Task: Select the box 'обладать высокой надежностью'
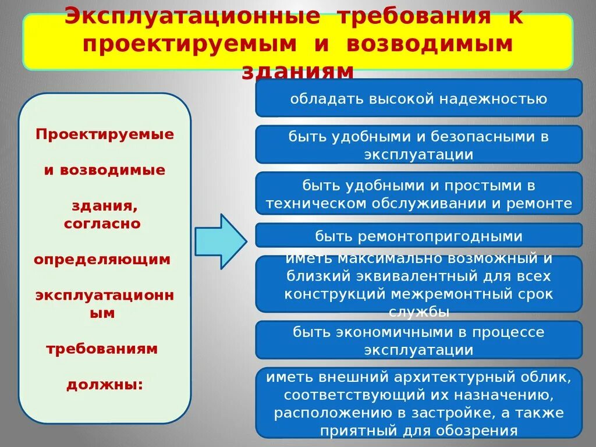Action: pyautogui.click(x=418, y=98)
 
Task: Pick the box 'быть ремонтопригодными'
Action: pyautogui.click(x=418, y=236)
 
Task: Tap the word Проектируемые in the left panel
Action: pyautogui.click(x=105, y=134)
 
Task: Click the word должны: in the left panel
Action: pyautogui.click(x=105, y=385)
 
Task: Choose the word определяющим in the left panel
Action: pyautogui.click(x=102, y=259)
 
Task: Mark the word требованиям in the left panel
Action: pyautogui.click(x=102, y=349)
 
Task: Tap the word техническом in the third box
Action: pyautogui.click(x=317, y=204)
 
